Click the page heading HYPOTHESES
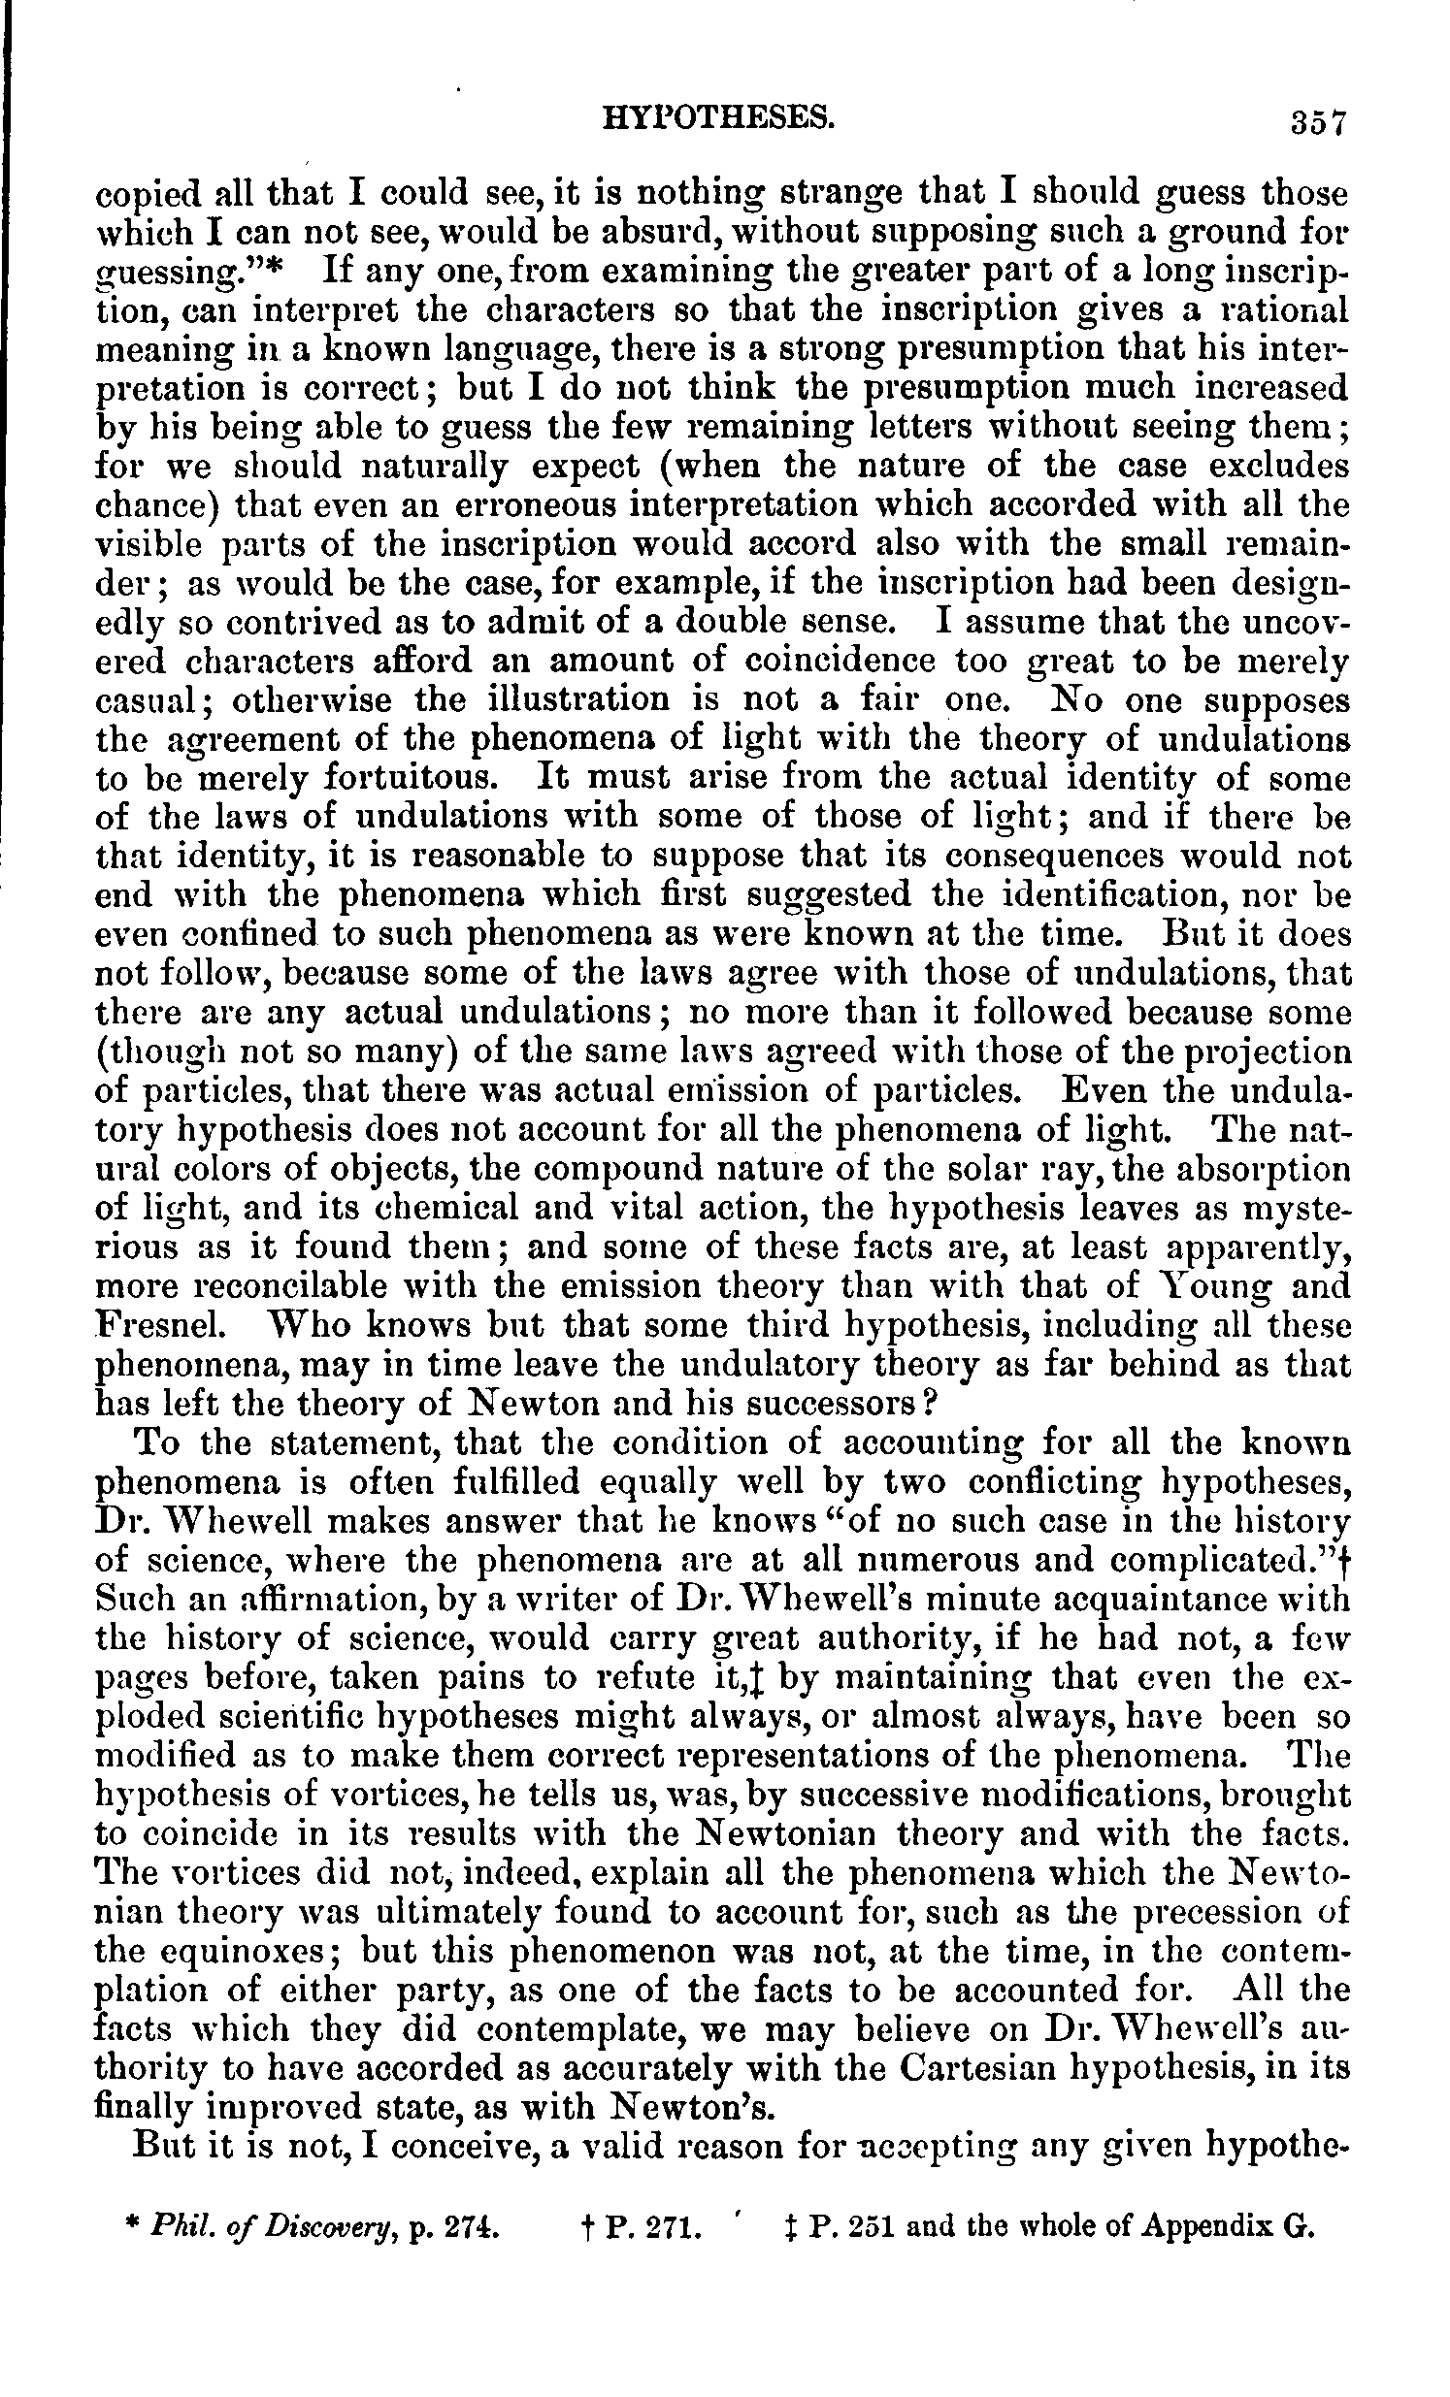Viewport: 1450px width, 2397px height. [720, 118]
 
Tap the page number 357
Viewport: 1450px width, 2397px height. [1317, 123]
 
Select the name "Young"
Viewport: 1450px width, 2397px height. [1211, 1286]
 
